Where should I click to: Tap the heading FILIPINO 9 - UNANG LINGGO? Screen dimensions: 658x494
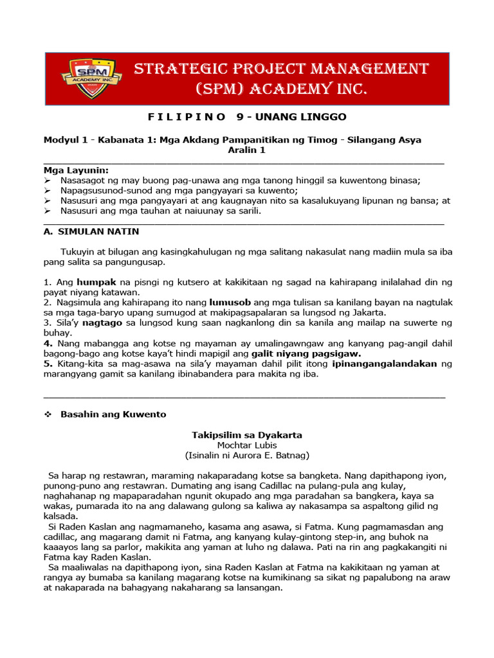[x=247, y=116]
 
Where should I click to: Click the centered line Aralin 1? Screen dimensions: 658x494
[x=246, y=150]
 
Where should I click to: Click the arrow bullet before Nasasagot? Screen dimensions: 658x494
[x=48, y=181]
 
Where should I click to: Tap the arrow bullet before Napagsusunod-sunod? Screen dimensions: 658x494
[x=48, y=191]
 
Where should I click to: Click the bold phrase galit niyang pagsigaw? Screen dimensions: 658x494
[x=306, y=353]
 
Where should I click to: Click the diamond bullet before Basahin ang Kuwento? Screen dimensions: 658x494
[x=48, y=414]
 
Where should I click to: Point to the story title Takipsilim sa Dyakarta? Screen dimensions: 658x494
[x=247, y=435]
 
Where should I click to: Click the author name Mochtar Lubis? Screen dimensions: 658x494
[x=247, y=445]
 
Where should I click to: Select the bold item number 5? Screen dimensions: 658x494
[x=47, y=364]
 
